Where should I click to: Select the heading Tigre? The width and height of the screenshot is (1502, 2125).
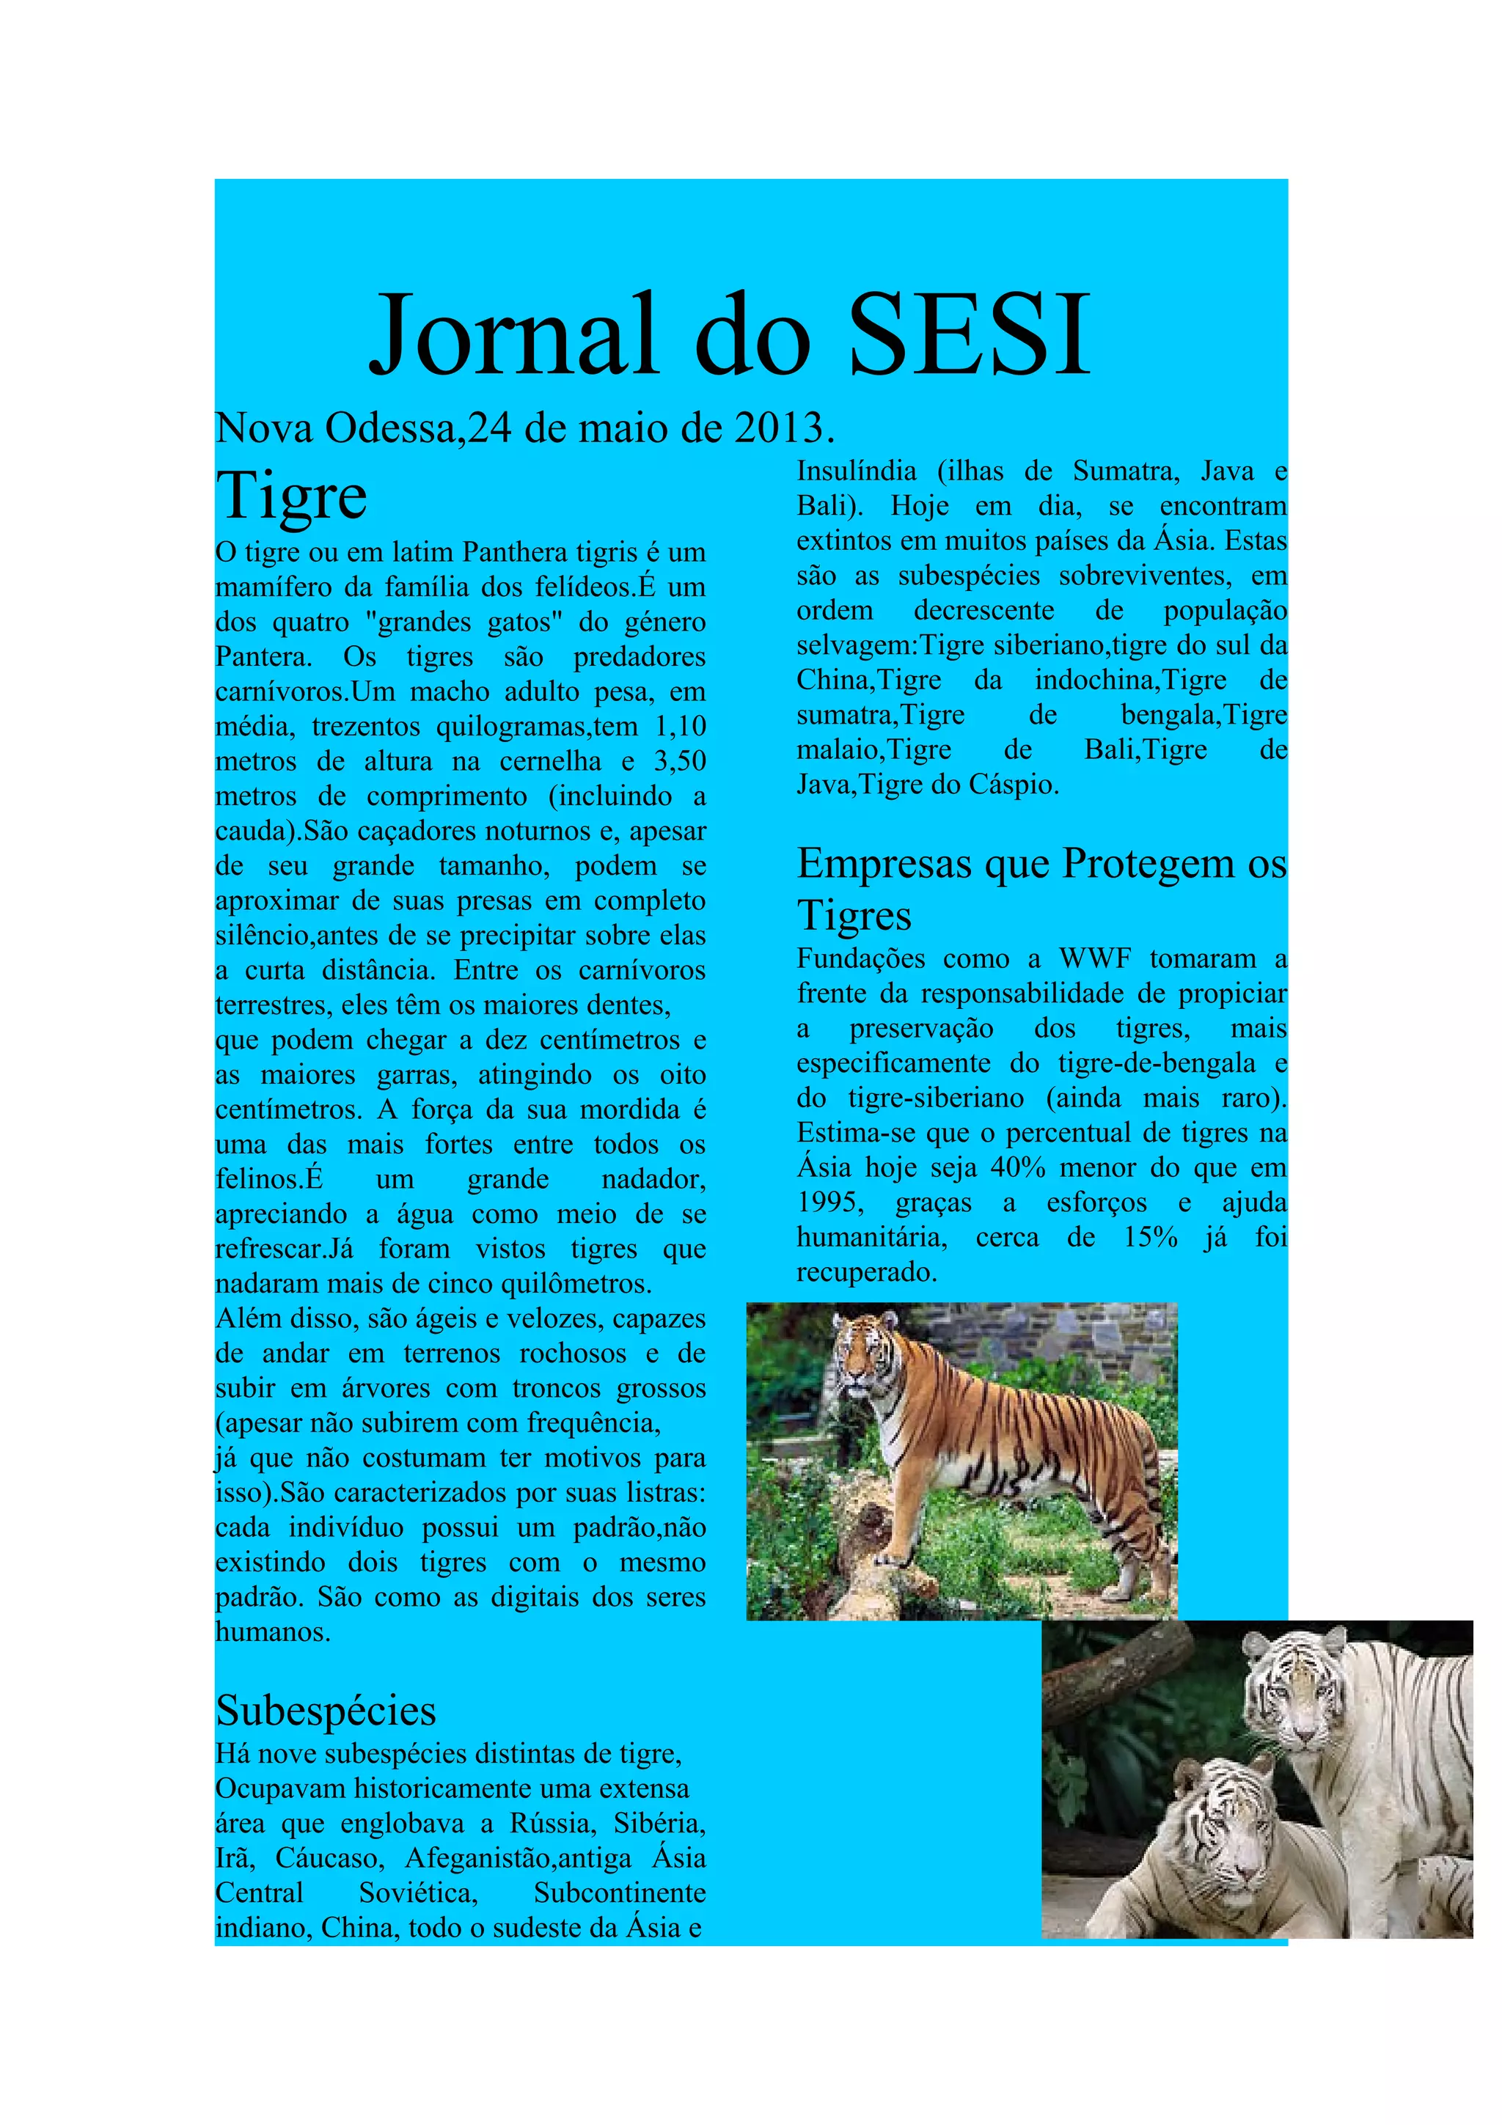[291, 497]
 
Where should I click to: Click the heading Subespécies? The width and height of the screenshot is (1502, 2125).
[326, 1711]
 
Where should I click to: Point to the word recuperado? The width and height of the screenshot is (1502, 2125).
[867, 1274]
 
